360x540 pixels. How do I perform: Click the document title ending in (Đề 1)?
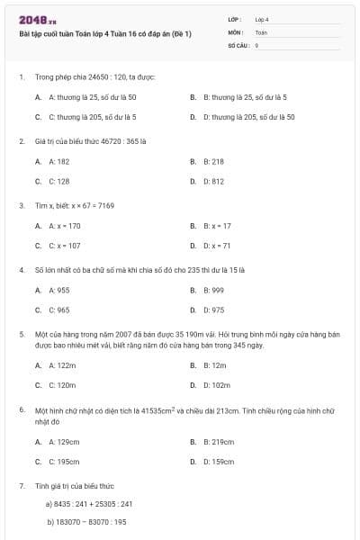pos(105,33)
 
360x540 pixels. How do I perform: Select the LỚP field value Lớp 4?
pos(262,19)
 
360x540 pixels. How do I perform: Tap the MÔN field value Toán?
pos(261,31)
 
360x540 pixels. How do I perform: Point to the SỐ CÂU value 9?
pos(256,44)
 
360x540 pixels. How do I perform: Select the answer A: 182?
pos(59,161)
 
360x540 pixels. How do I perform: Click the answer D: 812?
pos(213,182)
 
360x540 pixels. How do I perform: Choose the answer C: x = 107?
pos(65,246)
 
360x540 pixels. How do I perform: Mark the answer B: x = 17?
pos(217,226)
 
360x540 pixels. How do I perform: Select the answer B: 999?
pos(213,290)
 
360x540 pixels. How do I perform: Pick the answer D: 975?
pos(213,310)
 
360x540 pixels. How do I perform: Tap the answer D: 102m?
pos(215,385)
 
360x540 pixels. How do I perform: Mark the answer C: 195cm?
pos(65,462)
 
